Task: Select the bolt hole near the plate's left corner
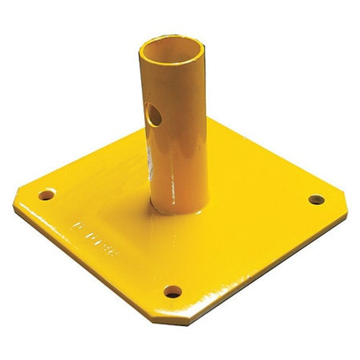click(x=46, y=194)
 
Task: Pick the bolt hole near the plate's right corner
click(x=316, y=199)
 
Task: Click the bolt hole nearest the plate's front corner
click(x=172, y=292)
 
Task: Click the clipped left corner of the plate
click(x=16, y=204)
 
